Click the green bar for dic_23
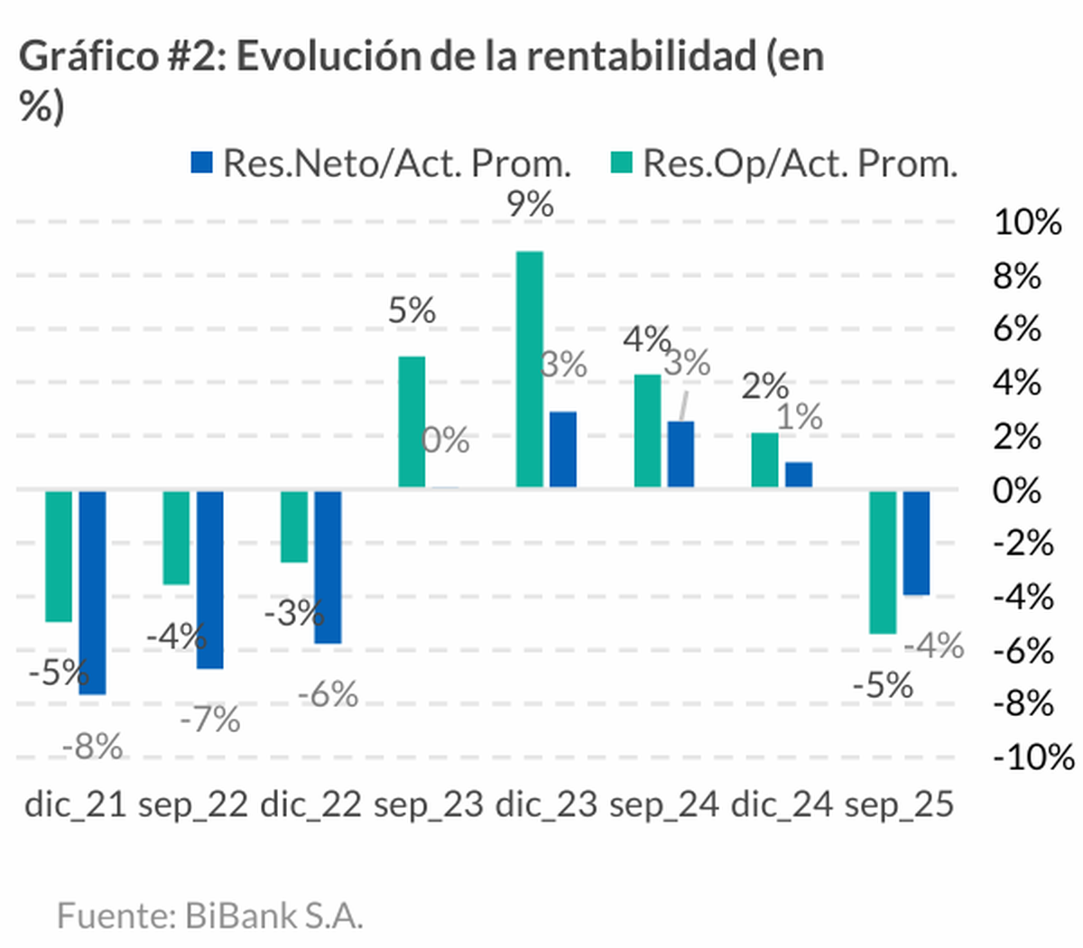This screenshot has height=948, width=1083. [x=530, y=370]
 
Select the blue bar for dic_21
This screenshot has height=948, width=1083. [x=92, y=592]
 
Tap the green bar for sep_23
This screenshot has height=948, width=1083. [x=412, y=423]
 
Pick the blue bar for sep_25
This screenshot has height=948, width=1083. [x=916, y=543]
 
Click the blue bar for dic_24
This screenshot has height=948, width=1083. [x=799, y=475]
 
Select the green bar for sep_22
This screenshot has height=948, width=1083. [x=176, y=538]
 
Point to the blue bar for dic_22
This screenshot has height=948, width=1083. [x=328, y=567]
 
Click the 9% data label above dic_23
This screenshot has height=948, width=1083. [x=530, y=204]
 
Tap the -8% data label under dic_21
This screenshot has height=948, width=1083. [x=92, y=747]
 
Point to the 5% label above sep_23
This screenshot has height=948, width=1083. [x=412, y=311]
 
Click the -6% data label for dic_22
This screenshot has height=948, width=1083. [x=328, y=695]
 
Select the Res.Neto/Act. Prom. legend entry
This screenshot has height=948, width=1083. [x=381, y=163]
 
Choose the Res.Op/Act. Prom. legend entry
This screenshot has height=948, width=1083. [x=783, y=163]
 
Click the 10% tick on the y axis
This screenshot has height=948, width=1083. [x=1027, y=222]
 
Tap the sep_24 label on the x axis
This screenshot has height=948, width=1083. [x=664, y=804]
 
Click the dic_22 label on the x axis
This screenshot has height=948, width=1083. [x=310, y=804]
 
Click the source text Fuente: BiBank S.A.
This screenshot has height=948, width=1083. [x=209, y=915]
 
